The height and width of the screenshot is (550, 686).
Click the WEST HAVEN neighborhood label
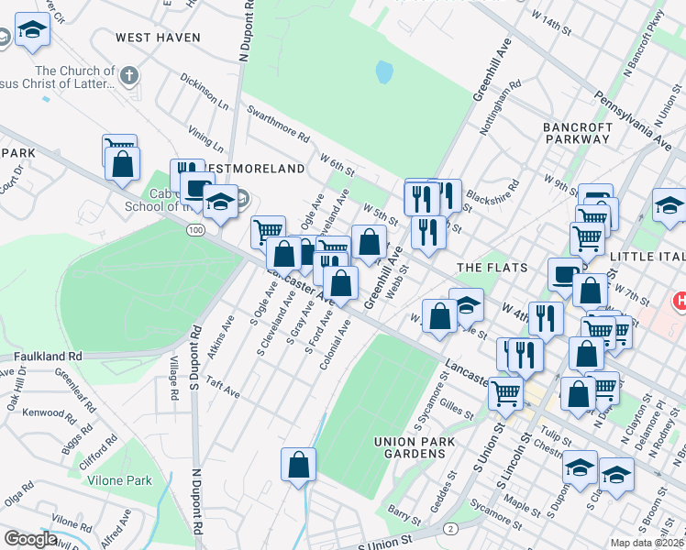(x=151, y=37)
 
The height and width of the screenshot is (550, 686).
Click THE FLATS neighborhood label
(x=492, y=267)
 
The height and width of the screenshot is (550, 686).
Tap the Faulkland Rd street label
(x=48, y=356)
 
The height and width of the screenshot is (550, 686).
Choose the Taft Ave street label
(x=223, y=387)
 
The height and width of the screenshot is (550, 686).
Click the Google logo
(x=30, y=539)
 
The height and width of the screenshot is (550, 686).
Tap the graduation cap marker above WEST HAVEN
(x=33, y=32)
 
